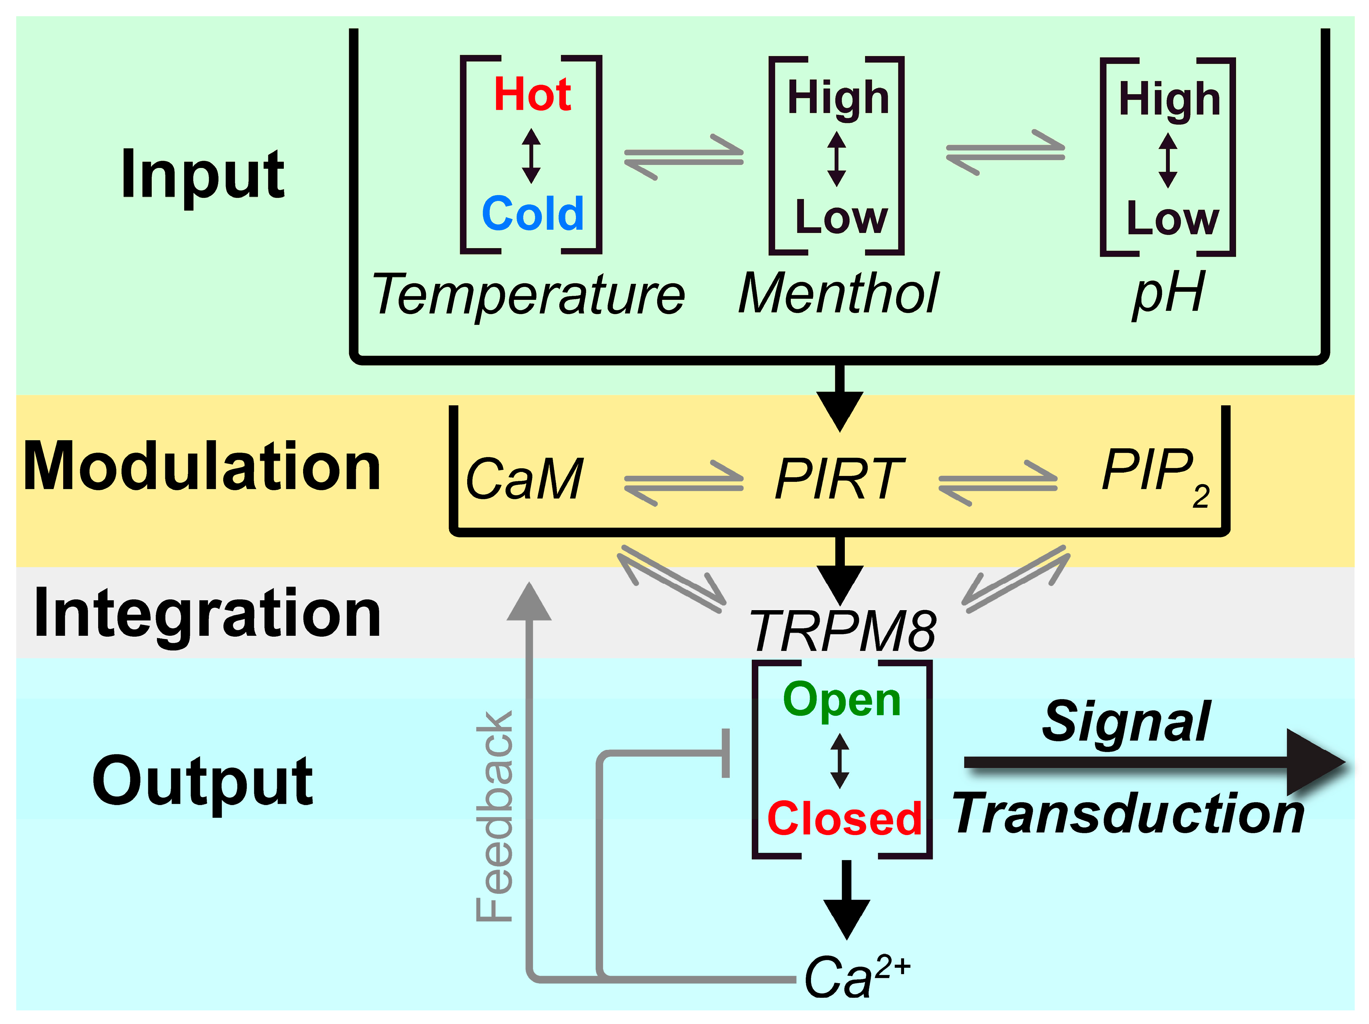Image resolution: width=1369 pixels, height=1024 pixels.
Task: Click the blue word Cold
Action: [x=532, y=214]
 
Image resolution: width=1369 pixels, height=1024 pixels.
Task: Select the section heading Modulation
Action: [x=202, y=467]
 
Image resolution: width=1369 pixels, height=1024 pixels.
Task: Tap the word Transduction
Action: [x=1128, y=813]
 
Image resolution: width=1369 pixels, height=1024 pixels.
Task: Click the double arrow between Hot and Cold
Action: [x=531, y=156]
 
